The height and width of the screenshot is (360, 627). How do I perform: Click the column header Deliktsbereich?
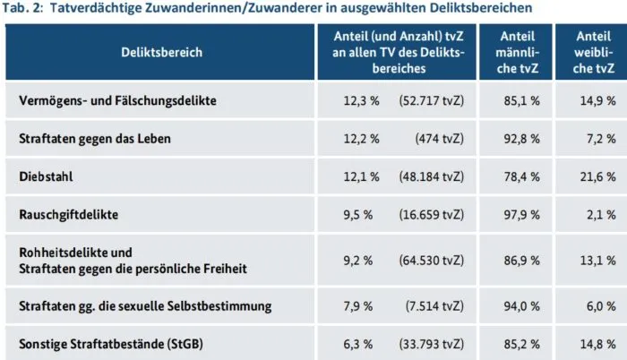click(x=162, y=52)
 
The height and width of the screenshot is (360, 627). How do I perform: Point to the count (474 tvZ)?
click(x=440, y=140)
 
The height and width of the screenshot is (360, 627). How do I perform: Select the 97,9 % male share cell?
click(x=522, y=216)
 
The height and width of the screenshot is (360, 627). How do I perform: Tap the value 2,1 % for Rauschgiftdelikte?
click(x=599, y=216)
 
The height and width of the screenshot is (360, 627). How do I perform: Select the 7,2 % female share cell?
click(x=599, y=140)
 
